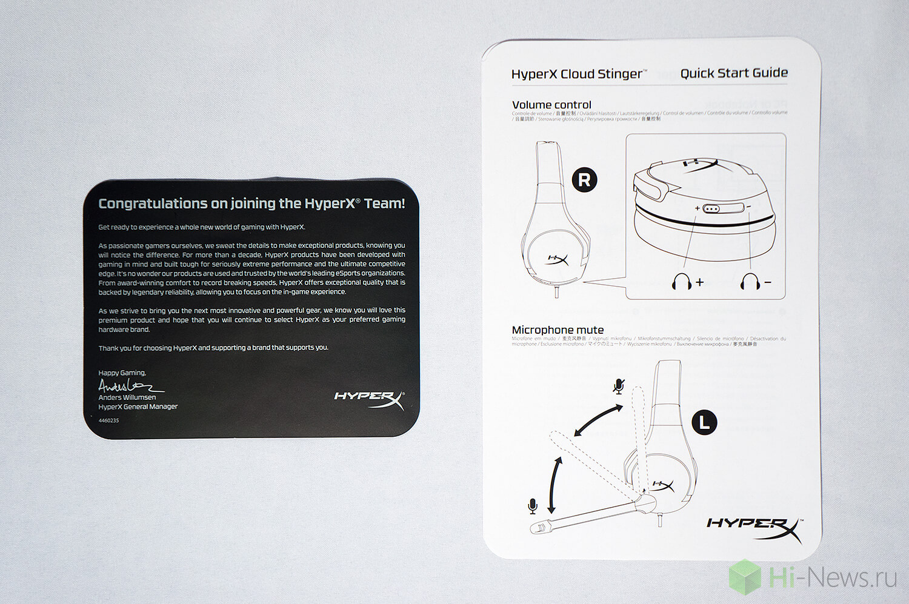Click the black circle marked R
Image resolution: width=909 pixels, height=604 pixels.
[584, 180]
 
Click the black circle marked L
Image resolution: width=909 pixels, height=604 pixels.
[704, 422]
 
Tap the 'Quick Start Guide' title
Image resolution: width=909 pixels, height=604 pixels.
[734, 73]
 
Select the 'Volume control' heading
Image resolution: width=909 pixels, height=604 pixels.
[551, 105]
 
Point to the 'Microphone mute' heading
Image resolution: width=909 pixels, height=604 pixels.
[558, 330]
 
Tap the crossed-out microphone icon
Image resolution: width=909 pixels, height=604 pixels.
[619, 387]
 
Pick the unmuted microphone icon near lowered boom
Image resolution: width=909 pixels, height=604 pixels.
[533, 506]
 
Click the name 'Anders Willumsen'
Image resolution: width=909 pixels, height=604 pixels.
[127, 397]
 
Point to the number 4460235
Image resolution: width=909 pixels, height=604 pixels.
[109, 420]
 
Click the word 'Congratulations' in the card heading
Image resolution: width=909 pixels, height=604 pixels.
[153, 204]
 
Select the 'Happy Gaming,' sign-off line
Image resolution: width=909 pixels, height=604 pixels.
[122, 373]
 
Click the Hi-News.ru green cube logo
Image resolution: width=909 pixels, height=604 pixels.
[745, 576]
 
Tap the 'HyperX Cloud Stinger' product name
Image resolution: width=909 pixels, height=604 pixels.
[578, 74]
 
